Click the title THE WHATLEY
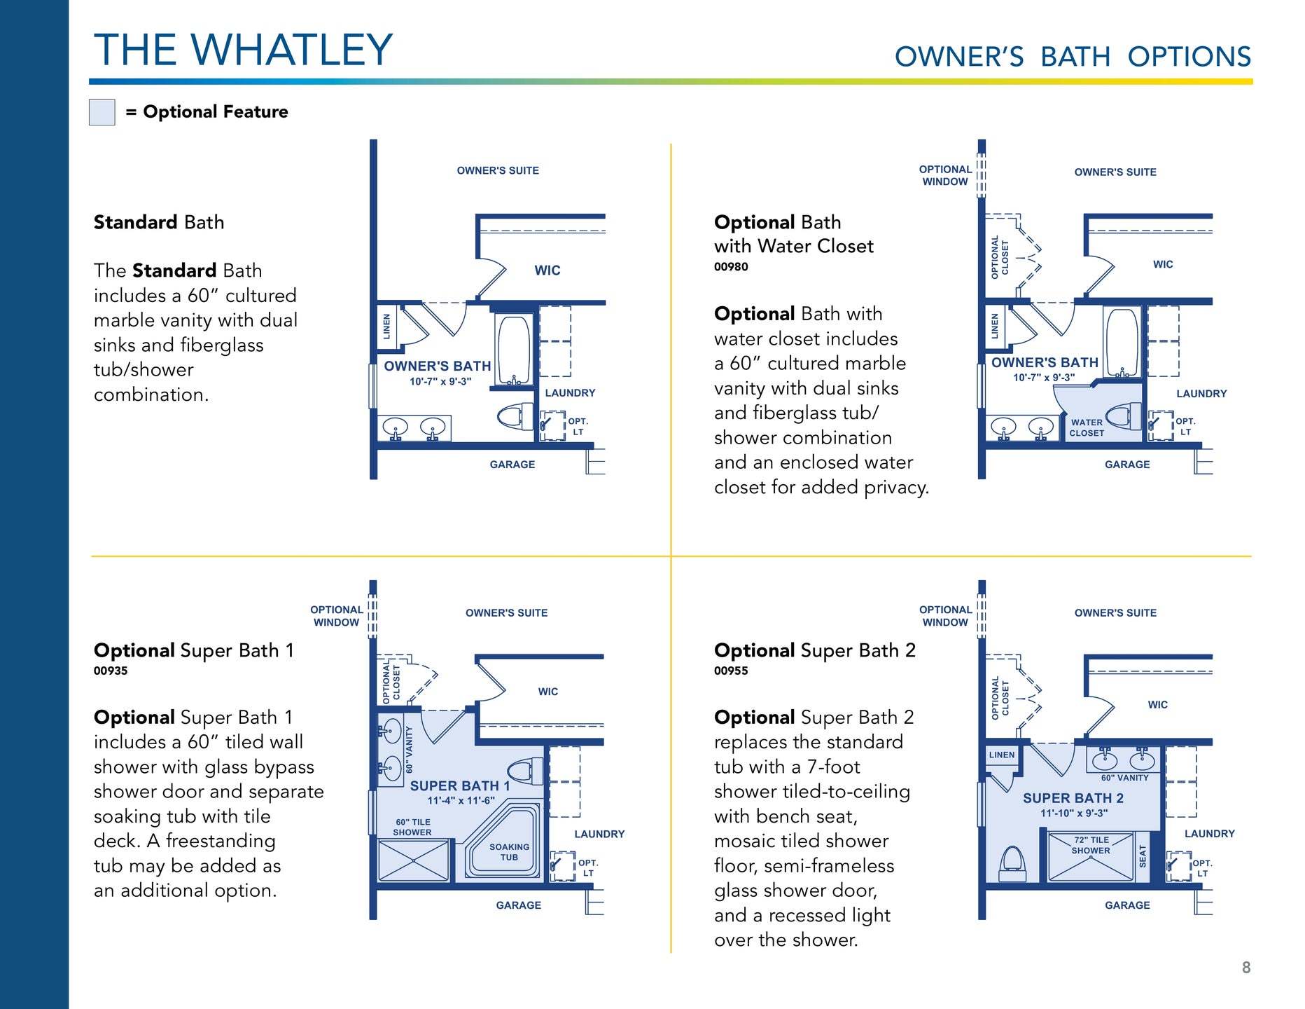[244, 50]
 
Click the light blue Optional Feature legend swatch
[102, 112]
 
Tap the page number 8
[1246, 968]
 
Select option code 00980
[731, 267]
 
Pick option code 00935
[111, 671]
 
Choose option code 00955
[731, 671]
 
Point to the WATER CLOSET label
[1087, 427]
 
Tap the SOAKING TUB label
[509, 852]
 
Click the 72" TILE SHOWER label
[1091, 845]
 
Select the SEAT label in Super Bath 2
[1143, 856]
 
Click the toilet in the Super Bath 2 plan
[1012, 863]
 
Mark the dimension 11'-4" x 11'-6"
[461, 800]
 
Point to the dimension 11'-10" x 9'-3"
[1074, 813]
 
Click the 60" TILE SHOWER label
[412, 828]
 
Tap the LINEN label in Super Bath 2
[1002, 755]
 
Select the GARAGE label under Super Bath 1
[519, 905]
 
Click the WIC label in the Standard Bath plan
[547, 270]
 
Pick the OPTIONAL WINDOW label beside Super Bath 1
[337, 616]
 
